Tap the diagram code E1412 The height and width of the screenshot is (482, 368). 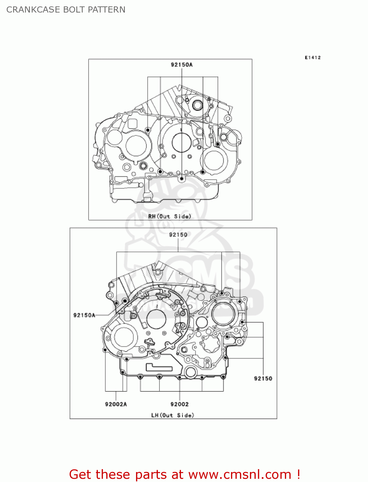(x=312, y=58)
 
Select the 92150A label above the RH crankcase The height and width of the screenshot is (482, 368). (x=182, y=65)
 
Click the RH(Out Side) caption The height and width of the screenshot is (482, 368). (x=169, y=216)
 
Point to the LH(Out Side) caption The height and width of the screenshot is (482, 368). (x=173, y=415)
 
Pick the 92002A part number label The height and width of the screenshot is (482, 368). (x=116, y=404)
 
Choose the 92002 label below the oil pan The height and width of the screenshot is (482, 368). (x=179, y=404)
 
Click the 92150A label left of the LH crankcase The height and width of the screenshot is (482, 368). (x=84, y=315)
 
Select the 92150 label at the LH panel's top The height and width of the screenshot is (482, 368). (x=178, y=235)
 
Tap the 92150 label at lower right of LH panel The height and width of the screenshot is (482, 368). (x=263, y=378)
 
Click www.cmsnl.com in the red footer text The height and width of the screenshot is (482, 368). (x=240, y=474)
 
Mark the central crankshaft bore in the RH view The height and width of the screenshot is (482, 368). (x=182, y=143)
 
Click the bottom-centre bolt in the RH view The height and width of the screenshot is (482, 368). (x=182, y=178)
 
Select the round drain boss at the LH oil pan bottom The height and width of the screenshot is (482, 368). (x=191, y=372)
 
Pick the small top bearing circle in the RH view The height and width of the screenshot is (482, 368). (x=197, y=105)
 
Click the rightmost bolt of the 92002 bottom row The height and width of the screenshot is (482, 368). (x=223, y=377)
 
